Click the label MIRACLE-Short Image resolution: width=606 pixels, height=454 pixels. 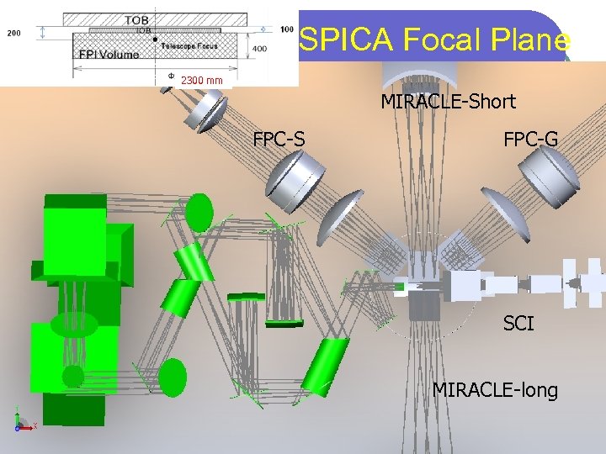[448, 103]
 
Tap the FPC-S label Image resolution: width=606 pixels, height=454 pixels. [279, 139]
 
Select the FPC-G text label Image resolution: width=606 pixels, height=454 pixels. [530, 139]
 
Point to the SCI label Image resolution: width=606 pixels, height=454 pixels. [518, 323]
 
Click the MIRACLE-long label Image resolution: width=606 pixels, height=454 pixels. [495, 390]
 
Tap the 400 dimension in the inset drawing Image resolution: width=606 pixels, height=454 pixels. [260, 49]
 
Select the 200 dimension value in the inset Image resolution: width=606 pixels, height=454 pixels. [14, 34]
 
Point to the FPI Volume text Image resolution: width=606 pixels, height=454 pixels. [110, 52]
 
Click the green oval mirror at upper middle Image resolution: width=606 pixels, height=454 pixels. [199, 212]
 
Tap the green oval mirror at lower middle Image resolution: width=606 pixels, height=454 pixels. [173, 377]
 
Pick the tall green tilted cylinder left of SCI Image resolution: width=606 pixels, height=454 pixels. [324, 367]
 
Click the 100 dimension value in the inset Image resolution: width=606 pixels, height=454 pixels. [287, 29]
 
